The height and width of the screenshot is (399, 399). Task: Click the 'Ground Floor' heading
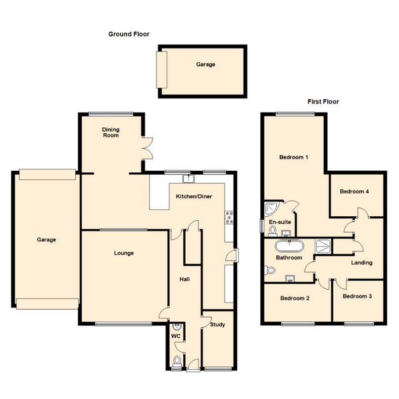pyautogui.click(x=129, y=34)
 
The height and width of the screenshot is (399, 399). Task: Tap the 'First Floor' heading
pyautogui.click(x=323, y=102)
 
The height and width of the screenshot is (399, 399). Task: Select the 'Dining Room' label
pyautogui.click(x=110, y=132)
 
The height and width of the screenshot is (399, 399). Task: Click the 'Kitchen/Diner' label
pyautogui.click(x=194, y=197)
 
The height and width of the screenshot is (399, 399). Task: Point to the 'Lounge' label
pyautogui.click(x=124, y=253)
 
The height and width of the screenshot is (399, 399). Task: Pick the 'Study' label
pyautogui.click(x=217, y=325)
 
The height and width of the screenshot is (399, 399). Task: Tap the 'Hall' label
pyautogui.click(x=185, y=279)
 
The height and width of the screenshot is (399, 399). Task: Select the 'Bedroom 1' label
pyautogui.click(x=294, y=157)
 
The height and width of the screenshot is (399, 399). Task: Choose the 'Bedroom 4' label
pyautogui.click(x=354, y=191)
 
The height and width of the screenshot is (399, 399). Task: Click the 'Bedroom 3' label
pyautogui.click(x=357, y=297)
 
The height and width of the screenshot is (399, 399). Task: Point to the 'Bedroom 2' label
pyautogui.click(x=295, y=298)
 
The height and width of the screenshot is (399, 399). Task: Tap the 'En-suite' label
pyautogui.click(x=280, y=222)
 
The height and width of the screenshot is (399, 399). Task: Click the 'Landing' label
pyautogui.click(x=361, y=262)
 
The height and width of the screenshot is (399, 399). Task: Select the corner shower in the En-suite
pyautogui.click(x=271, y=209)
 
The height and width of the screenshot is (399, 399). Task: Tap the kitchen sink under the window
pyautogui.click(x=188, y=178)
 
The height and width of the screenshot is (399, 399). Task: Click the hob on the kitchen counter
pyautogui.click(x=230, y=217)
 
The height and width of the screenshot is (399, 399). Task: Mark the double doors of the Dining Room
pyautogui.click(x=147, y=148)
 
